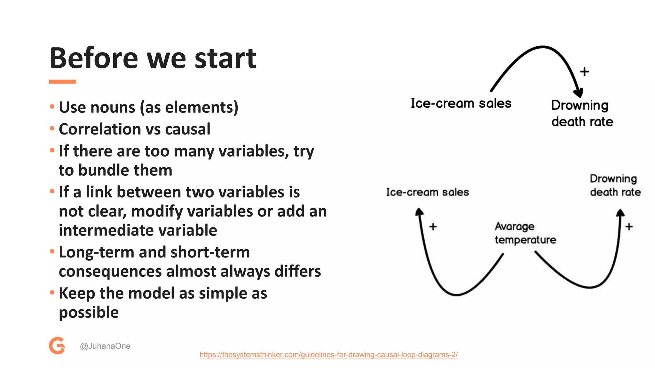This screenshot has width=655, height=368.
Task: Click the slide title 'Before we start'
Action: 153,58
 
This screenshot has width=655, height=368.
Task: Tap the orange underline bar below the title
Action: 62,82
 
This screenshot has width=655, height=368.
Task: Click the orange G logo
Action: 57,345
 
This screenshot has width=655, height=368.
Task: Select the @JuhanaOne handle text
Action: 105,346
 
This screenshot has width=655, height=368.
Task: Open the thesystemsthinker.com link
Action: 328,355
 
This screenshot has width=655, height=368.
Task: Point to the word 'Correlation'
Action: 100,129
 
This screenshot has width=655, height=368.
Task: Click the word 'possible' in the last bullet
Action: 89,312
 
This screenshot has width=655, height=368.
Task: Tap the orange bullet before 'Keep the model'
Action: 52,292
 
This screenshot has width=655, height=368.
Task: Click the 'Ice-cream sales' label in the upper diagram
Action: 461,103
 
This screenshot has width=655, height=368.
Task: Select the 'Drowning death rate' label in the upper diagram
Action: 582,113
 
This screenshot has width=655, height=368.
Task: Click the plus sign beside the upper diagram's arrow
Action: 584,72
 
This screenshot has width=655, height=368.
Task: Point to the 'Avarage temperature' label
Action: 525,233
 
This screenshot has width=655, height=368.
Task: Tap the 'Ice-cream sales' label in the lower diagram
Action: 427,192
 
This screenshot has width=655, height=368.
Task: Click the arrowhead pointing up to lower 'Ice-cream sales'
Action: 419,212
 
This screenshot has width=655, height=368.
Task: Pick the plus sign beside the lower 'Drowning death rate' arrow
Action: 629,227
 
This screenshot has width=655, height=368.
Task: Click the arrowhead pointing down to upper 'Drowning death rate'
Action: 579,93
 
